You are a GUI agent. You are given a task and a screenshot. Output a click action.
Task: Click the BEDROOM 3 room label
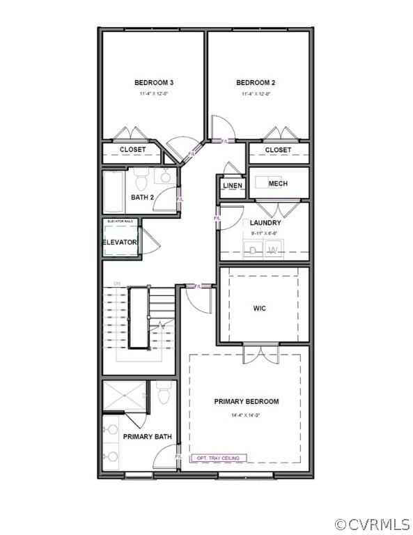154,83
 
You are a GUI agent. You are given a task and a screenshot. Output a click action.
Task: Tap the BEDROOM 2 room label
256,83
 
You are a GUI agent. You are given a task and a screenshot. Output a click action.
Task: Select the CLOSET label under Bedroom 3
132,150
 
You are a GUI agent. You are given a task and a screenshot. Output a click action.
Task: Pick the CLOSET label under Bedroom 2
278,150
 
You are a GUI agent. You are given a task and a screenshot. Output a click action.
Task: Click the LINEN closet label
232,185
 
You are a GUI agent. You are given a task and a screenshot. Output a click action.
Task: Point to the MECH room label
278,184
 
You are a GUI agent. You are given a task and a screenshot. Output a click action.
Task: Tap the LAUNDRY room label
265,223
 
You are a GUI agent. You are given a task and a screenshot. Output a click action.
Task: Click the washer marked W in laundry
274,249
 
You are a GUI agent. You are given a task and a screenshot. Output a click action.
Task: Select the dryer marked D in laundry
254,249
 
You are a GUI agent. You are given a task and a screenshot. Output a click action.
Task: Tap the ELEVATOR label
120,242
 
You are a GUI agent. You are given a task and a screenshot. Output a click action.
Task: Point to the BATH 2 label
143,197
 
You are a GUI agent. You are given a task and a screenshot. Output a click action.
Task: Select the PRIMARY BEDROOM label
247,401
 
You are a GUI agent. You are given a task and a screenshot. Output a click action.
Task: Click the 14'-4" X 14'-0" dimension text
246,416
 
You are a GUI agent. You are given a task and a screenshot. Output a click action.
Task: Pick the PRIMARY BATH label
148,437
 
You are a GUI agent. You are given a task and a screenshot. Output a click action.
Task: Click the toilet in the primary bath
164,394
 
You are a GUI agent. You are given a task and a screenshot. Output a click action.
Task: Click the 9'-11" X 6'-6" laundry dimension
265,233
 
